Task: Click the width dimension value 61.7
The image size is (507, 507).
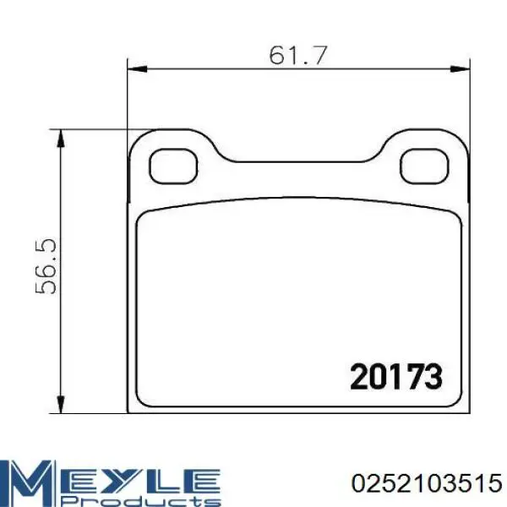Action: [298, 55]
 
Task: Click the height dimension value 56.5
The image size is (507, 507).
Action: [46, 266]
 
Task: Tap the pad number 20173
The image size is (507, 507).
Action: [396, 376]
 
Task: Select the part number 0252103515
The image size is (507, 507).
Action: [427, 483]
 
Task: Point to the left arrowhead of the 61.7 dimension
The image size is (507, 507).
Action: [138, 69]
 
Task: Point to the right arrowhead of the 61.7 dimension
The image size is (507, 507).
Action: [460, 69]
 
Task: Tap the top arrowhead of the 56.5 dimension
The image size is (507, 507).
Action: [61, 139]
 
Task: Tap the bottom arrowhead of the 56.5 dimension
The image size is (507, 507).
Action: [61, 404]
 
